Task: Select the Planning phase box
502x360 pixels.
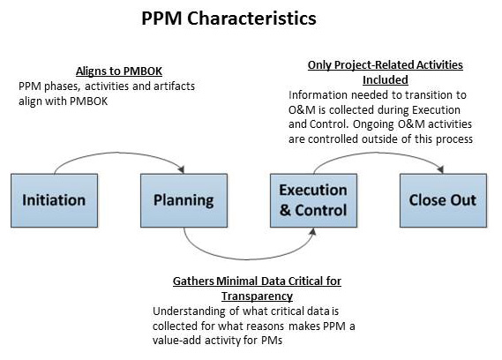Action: pyautogui.click(x=184, y=199)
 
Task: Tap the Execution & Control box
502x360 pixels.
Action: pyautogui.click(x=313, y=199)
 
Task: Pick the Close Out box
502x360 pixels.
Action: pyautogui.click(x=440, y=199)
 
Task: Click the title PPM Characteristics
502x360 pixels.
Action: pyautogui.click(x=229, y=18)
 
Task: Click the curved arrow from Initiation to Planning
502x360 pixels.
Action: pyautogui.click(x=119, y=152)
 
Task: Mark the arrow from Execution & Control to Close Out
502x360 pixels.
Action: pyautogui.click(x=375, y=152)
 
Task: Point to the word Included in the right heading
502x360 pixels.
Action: pyautogui.click(x=385, y=79)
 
